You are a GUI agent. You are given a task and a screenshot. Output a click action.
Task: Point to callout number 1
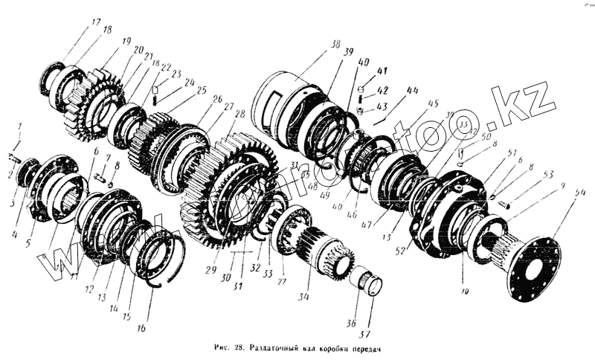tap(20, 126)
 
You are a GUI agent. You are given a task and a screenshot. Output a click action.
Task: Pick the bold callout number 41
tap(382, 72)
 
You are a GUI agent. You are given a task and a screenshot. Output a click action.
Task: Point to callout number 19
tap(126, 41)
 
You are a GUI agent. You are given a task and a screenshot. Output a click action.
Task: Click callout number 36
tap(352, 323)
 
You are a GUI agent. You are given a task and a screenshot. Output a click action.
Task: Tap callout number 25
tap(202, 90)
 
